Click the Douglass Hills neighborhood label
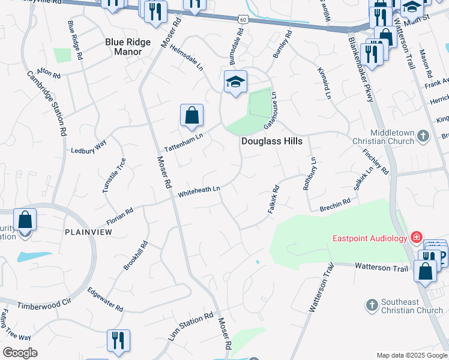pyautogui.click(x=271, y=141)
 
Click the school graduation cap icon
pyautogui.click(x=235, y=82)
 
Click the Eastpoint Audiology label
pyautogui.click(x=370, y=238)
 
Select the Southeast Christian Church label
pyautogui.click(x=412, y=306)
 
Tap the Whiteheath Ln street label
pyautogui.click(x=199, y=191)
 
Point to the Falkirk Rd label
pyautogui.click(x=272, y=200)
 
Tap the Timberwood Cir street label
pyautogui.click(x=44, y=304)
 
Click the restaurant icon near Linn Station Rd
pyautogui.click(x=118, y=340)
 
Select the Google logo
pyautogui.click(x=20, y=353)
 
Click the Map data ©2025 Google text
pyautogui.click(x=411, y=355)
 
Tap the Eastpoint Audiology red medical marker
pyautogui.click(x=417, y=238)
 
